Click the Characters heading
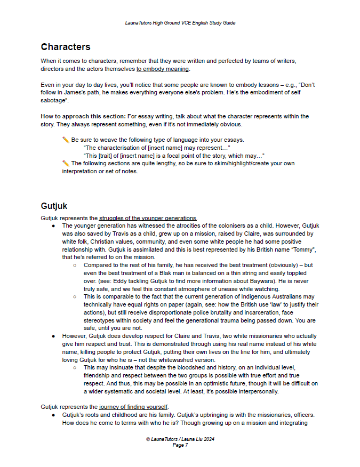66,47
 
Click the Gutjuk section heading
54,206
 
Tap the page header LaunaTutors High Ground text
180,23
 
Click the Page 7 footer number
180,445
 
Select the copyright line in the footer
180,439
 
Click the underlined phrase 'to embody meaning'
163,69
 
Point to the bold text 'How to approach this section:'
76,116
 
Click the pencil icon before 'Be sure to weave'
66,140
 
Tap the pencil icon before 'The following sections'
66,164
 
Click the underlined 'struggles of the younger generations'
148,218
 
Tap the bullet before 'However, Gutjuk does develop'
54,337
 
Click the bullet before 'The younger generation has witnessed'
54,226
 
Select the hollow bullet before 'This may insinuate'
75,368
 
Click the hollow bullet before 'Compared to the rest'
75,265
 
